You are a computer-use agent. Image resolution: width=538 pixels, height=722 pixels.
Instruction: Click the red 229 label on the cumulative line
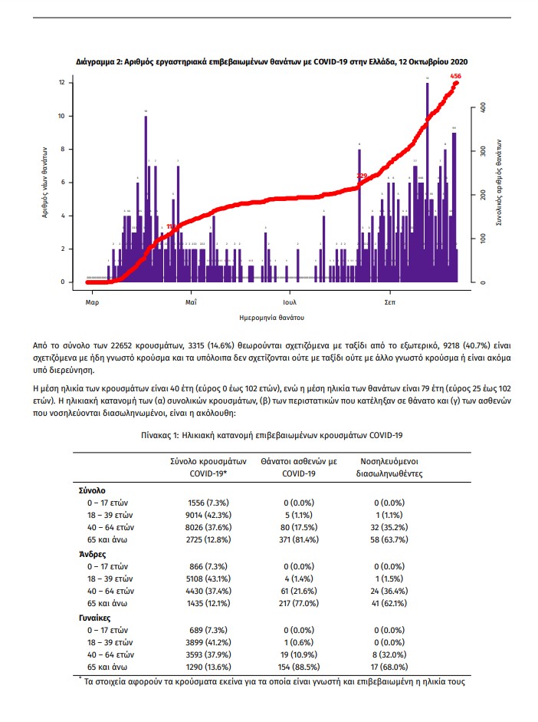(362, 176)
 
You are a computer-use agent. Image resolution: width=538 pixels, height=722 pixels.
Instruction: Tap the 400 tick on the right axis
(484, 108)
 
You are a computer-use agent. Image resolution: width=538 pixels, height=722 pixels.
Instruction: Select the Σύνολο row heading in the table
(92, 489)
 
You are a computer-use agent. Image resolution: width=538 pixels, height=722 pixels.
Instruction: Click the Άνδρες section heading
(92, 552)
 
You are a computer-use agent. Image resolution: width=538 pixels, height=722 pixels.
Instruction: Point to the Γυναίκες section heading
(96, 616)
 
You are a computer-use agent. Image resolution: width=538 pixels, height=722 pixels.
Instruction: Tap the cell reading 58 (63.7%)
(392, 539)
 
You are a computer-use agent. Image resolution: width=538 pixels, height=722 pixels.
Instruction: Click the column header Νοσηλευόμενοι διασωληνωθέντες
(392, 468)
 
